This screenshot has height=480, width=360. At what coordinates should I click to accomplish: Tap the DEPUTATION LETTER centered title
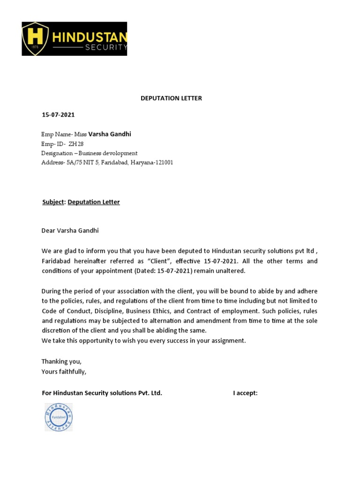172,98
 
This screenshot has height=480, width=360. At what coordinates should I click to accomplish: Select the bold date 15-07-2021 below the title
58,115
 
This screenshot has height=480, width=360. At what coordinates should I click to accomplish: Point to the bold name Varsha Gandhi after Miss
110,134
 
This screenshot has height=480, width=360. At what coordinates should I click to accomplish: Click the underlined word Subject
52,202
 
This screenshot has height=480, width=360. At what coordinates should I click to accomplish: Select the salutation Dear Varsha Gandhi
70,231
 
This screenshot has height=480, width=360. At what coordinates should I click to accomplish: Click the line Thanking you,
61,361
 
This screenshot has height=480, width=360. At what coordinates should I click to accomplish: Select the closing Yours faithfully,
64,371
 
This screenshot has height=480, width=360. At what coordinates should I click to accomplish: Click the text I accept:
245,393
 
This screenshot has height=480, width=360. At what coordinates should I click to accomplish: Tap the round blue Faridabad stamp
59,417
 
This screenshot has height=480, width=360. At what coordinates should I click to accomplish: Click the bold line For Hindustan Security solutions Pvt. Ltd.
102,393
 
